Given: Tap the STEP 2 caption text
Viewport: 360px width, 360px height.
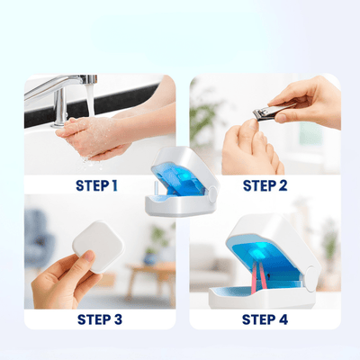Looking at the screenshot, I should [x=265, y=186].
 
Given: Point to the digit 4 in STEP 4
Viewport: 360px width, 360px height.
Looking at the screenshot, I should [x=283, y=319].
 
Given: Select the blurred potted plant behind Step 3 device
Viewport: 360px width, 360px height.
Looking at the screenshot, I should [x=157, y=241].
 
